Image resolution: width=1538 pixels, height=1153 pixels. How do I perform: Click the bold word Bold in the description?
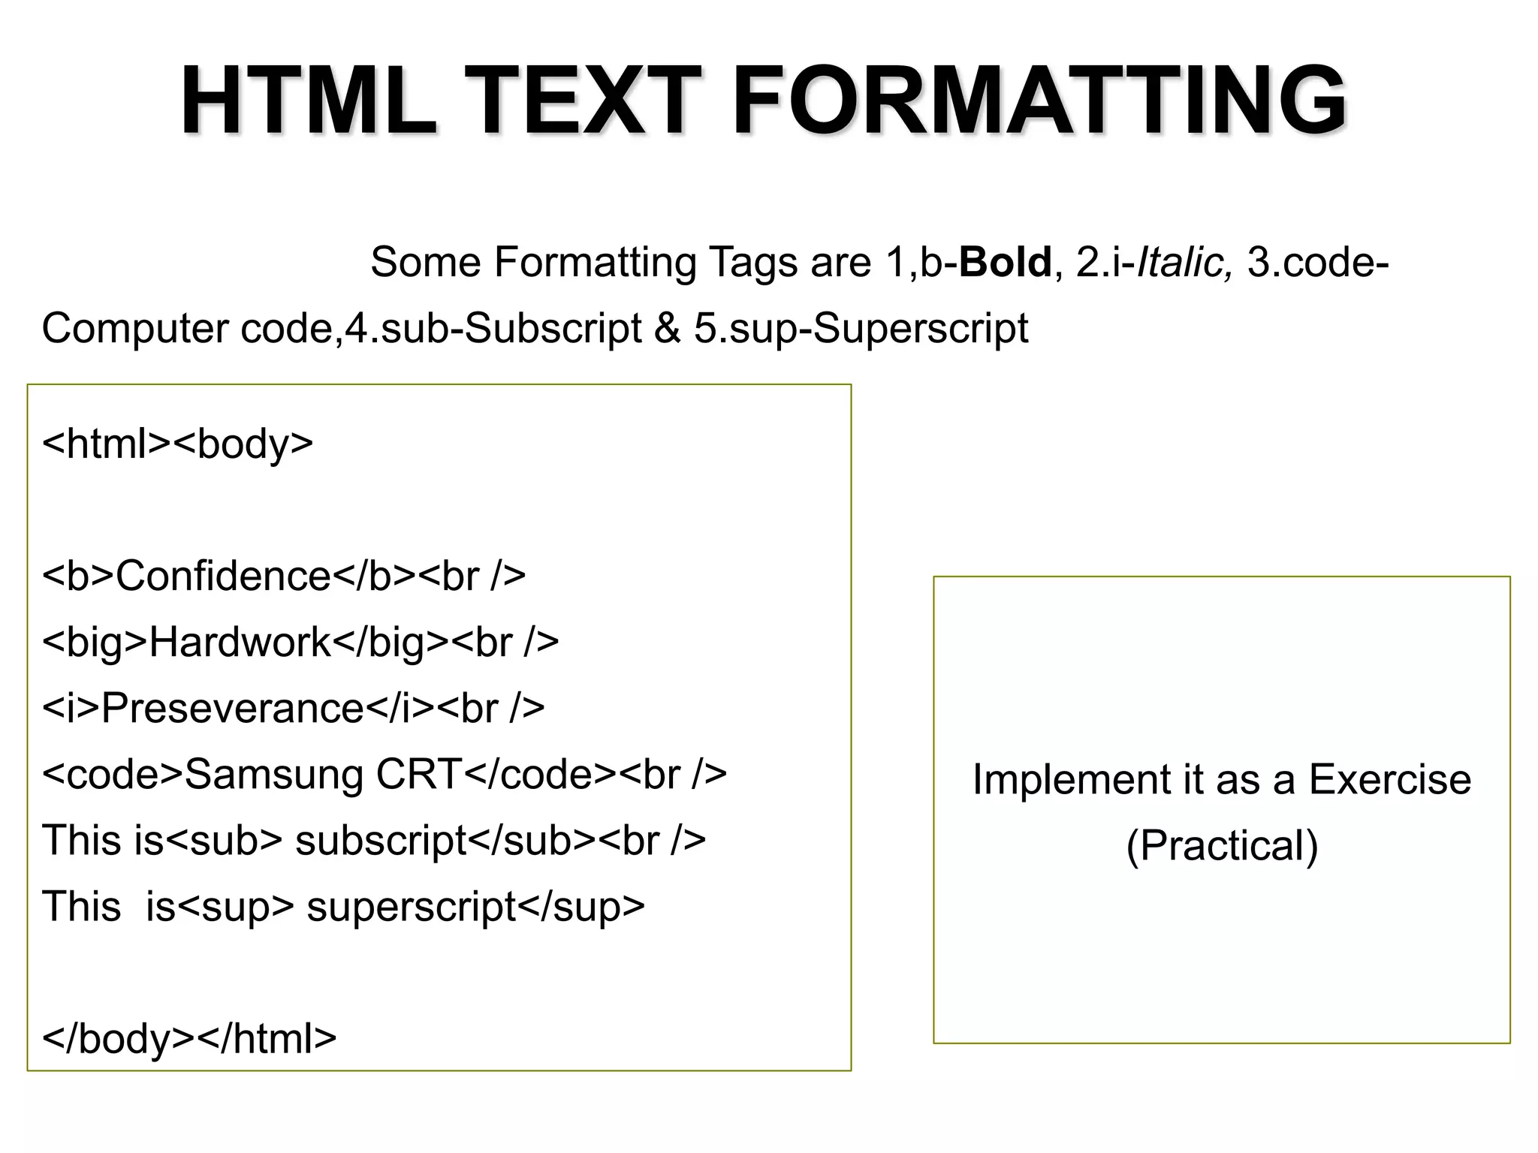1005,263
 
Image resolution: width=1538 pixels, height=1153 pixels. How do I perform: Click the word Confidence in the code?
223,576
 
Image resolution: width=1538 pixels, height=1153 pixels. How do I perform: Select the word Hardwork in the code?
240,643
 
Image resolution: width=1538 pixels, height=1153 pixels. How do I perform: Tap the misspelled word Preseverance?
233,709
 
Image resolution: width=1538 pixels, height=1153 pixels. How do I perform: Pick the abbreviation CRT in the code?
419,775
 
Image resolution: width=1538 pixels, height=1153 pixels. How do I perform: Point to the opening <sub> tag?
223,841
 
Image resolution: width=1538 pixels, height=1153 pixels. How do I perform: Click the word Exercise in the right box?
1389,779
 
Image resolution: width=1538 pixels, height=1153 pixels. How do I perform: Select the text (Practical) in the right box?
1222,846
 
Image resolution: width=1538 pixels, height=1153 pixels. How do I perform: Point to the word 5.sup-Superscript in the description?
861,329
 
